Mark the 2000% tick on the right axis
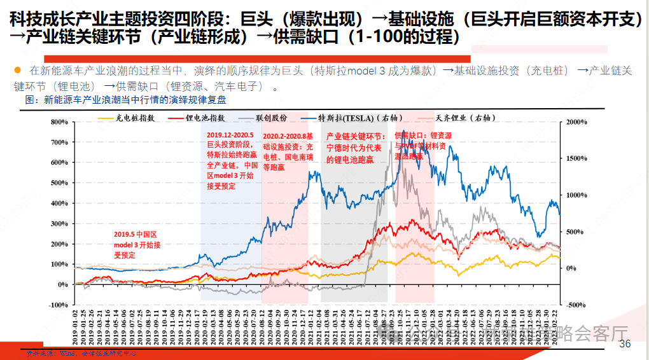click(576, 121)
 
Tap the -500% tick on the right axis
click(576, 305)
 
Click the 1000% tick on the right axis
click(576, 195)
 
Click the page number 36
click(625, 344)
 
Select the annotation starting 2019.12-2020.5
click(233, 160)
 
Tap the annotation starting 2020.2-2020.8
click(287, 152)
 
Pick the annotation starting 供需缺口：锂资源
click(423, 145)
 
